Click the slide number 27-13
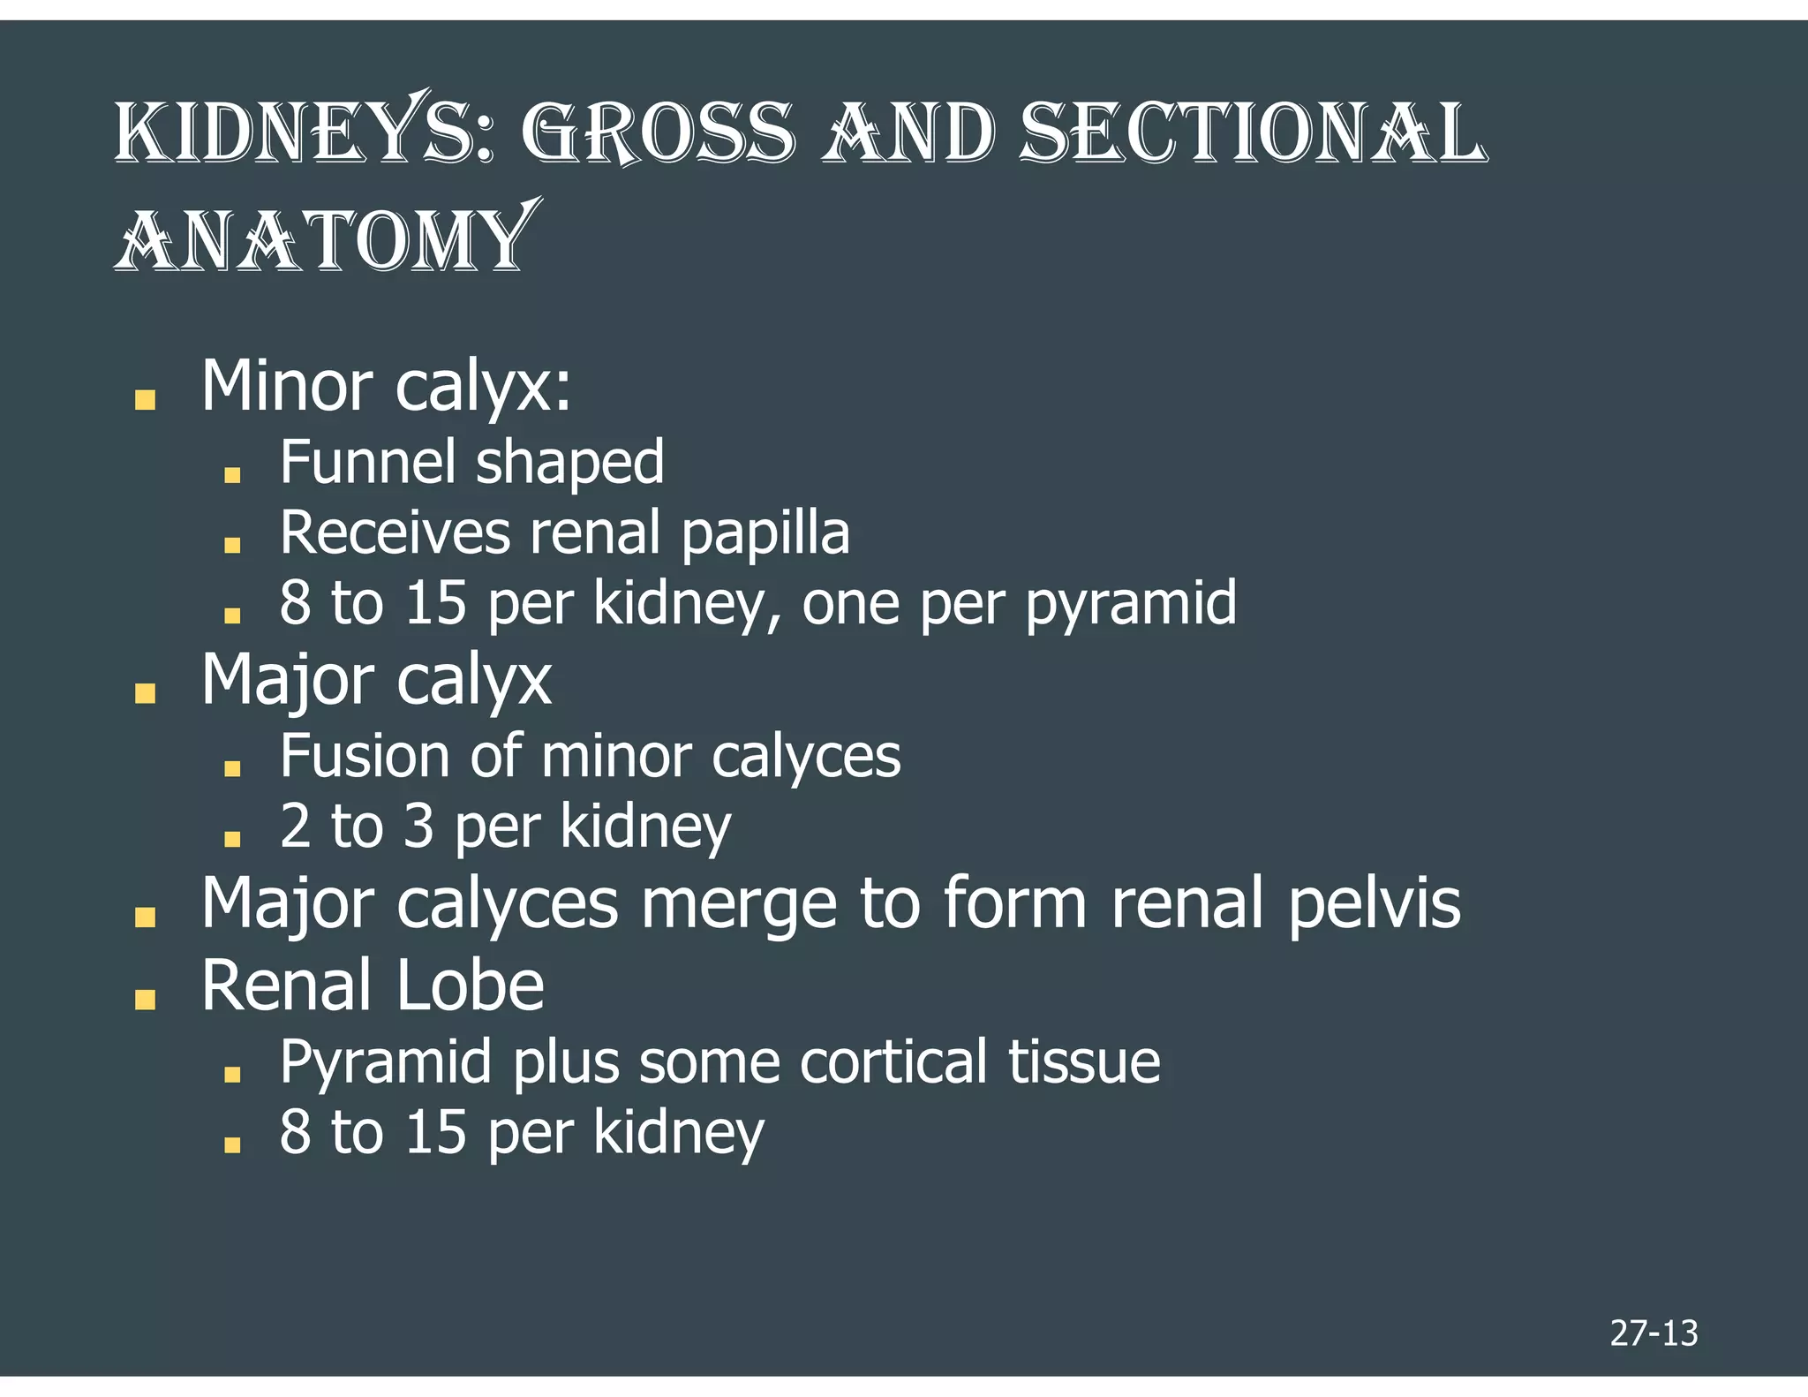tap(1654, 1333)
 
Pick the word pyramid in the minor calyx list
tap(1131, 604)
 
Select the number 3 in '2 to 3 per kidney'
tap(418, 827)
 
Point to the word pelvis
tap(1374, 904)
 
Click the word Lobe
tap(470, 986)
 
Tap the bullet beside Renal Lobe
tap(145, 999)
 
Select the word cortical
tap(893, 1061)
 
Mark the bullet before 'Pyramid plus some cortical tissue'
tap(232, 1074)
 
